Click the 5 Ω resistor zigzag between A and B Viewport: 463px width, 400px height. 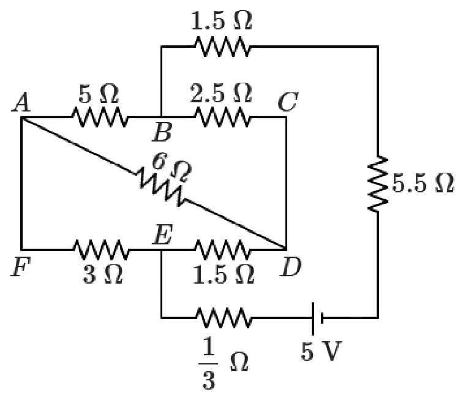pyautogui.click(x=100, y=116)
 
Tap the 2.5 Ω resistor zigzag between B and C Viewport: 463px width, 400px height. pyautogui.click(x=221, y=116)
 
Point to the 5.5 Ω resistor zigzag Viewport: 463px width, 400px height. pyautogui.click(x=377, y=184)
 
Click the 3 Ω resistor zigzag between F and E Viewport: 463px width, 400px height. pyautogui.click(x=101, y=249)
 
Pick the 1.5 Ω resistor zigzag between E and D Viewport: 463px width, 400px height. pyautogui.click(x=221, y=249)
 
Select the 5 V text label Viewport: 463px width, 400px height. pyautogui.click(x=317, y=354)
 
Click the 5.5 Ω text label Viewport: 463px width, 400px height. pyautogui.click(x=424, y=184)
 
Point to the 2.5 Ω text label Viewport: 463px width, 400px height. pyautogui.click(x=221, y=94)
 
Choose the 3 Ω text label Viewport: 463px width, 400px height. pyautogui.click(x=102, y=275)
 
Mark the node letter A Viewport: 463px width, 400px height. pyautogui.click(x=22, y=104)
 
